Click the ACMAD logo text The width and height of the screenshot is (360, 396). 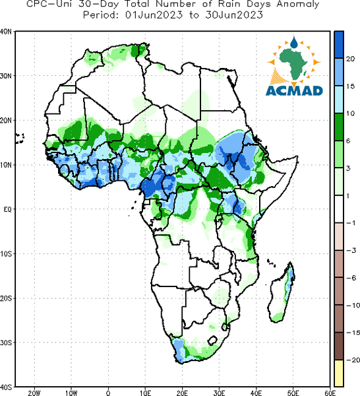click(294, 90)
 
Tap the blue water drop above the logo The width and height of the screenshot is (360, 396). click(293, 42)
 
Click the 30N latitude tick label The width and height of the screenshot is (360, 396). click(5, 76)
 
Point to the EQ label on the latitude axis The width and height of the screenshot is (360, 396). click(7, 209)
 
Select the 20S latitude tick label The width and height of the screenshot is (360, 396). click(5, 298)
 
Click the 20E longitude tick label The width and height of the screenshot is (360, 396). click(182, 393)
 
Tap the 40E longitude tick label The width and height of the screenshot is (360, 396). click(256, 393)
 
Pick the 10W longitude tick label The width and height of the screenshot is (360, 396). click(71, 393)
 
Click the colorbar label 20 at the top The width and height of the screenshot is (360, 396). click(350, 59)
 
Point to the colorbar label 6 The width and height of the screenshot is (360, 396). click(348, 141)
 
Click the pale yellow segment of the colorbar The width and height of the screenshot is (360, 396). click(339, 373)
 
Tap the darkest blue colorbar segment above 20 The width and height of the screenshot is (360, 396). click(339, 45)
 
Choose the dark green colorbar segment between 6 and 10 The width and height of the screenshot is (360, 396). click(339, 127)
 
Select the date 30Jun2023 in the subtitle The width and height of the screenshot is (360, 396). click(234, 15)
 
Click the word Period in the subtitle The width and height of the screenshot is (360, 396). click(101, 15)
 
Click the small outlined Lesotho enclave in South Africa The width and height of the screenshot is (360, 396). click(213, 340)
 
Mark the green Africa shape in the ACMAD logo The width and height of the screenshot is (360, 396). click(293, 63)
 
